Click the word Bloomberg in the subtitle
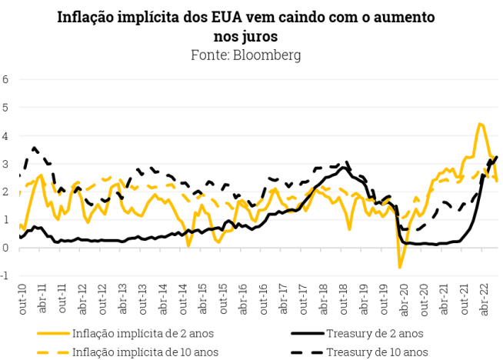coord(267,55)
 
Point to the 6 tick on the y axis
coord(5,79)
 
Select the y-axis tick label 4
coord(5,135)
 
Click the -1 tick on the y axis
coord(5,276)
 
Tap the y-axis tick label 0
coord(5,248)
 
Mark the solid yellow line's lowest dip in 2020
coord(400,267)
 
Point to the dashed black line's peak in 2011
coord(35,147)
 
